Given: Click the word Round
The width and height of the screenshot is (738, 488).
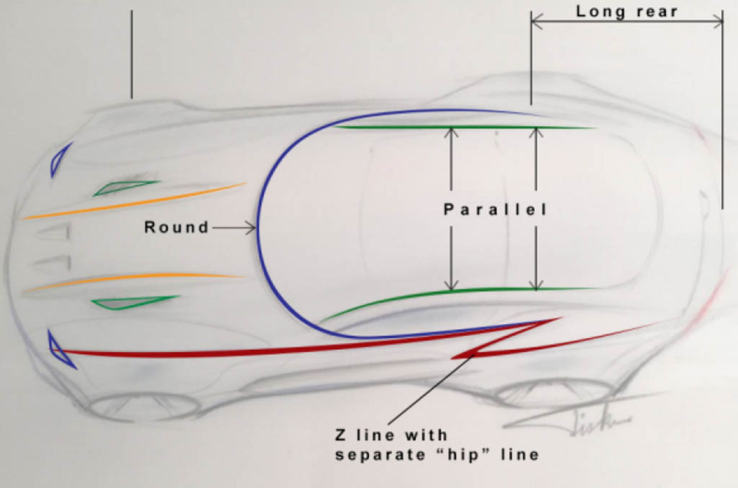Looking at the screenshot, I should coord(176,227).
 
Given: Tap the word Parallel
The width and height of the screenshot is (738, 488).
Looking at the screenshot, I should coord(495,210).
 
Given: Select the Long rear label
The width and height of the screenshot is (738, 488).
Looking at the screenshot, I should coord(627,12).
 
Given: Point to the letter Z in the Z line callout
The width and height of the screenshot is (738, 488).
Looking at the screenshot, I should coord(341,435).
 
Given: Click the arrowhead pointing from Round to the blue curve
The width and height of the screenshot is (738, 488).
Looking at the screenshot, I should coord(252,228).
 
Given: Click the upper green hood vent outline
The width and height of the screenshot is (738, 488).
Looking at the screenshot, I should coord(123,187).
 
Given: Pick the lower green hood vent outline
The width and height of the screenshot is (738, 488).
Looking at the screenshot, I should coord(131,303).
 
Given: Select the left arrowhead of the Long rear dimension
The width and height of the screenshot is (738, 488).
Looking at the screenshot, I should coord(535,21).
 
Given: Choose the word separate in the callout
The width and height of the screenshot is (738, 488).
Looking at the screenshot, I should coord(378,455).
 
